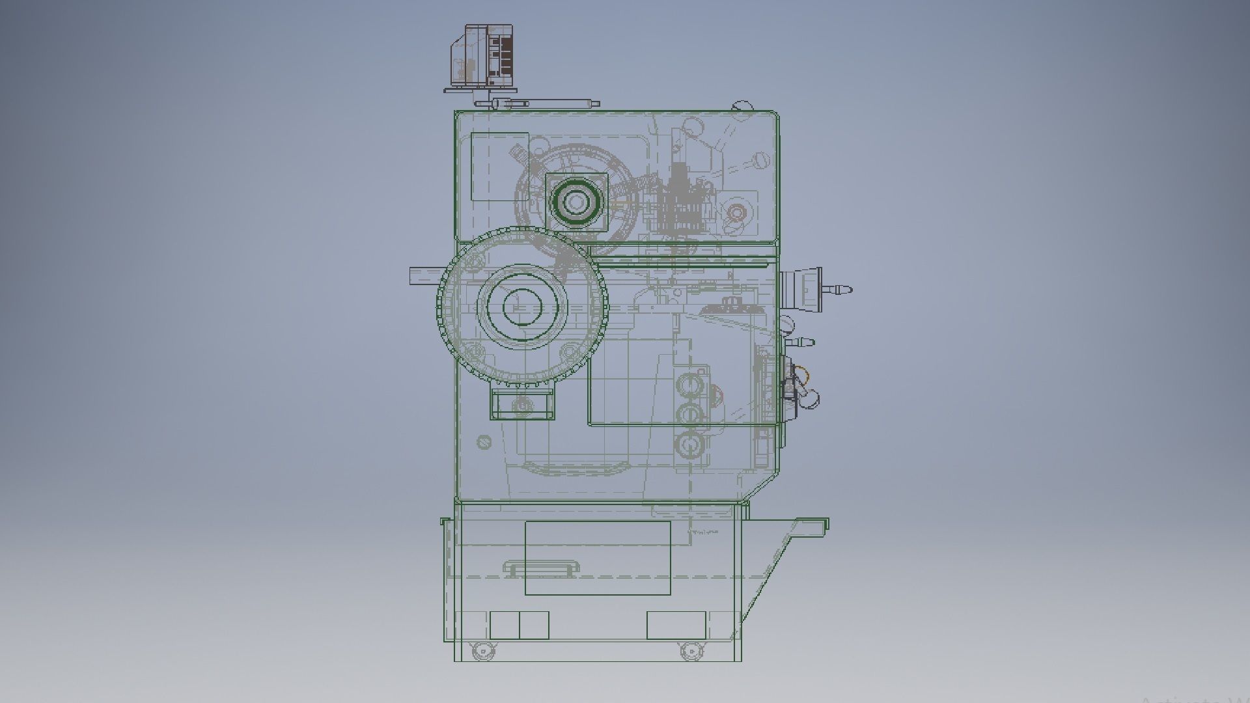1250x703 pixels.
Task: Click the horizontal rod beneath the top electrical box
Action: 540,103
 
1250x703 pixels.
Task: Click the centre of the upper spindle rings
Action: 576,202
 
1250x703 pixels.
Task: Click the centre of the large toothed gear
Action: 521,307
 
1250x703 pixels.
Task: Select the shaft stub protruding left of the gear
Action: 425,275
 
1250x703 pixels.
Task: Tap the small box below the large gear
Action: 523,406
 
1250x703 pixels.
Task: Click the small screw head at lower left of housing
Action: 483,442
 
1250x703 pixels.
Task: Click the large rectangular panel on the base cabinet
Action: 598,557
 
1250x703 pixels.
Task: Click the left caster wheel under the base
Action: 480,650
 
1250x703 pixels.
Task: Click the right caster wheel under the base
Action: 690,650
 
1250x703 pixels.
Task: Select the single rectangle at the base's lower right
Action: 676,625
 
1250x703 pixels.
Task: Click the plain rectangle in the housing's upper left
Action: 499,167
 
